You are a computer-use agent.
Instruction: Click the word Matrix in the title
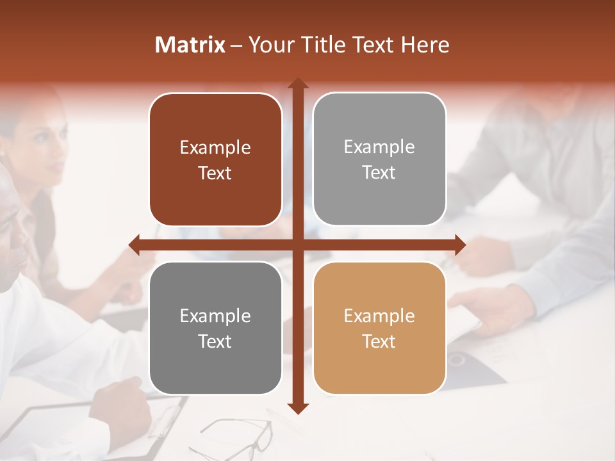pyautogui.click(x=190, y=45)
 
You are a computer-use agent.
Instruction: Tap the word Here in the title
pyautogui.click(x=425, y=45)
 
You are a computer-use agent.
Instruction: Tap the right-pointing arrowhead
pyautogui.click(x=460, y=245)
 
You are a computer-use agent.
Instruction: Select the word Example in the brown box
pyautogui.click(x=215, y=148)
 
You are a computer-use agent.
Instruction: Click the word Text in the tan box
pyautogui.click(x=379, y=341)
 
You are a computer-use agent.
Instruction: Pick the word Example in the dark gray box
pyautogui.click(x=215, y=316)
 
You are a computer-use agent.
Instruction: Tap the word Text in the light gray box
pyautogui.click(x=379, y=173)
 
